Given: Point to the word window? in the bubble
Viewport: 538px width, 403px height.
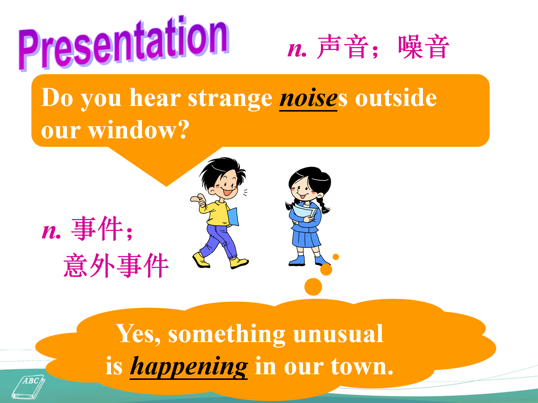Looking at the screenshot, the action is (x=139, y=130).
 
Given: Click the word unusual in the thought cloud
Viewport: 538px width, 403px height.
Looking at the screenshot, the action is (x=338, y=334).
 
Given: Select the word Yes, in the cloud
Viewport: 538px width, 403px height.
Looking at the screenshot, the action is (x=139, y=334).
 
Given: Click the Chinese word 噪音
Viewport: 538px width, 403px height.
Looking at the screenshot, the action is (x=424, y=47).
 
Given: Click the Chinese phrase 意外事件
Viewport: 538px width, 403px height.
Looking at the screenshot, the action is (x=116, y=265).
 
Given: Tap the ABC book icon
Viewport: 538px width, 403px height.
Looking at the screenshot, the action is (x=28, y=387).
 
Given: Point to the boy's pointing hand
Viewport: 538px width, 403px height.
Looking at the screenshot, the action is (x=198, y=199).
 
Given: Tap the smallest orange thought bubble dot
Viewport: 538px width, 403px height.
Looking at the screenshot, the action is (x=336, y=257).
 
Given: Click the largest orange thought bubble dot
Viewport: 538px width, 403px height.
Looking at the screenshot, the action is (x=313, y=287).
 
